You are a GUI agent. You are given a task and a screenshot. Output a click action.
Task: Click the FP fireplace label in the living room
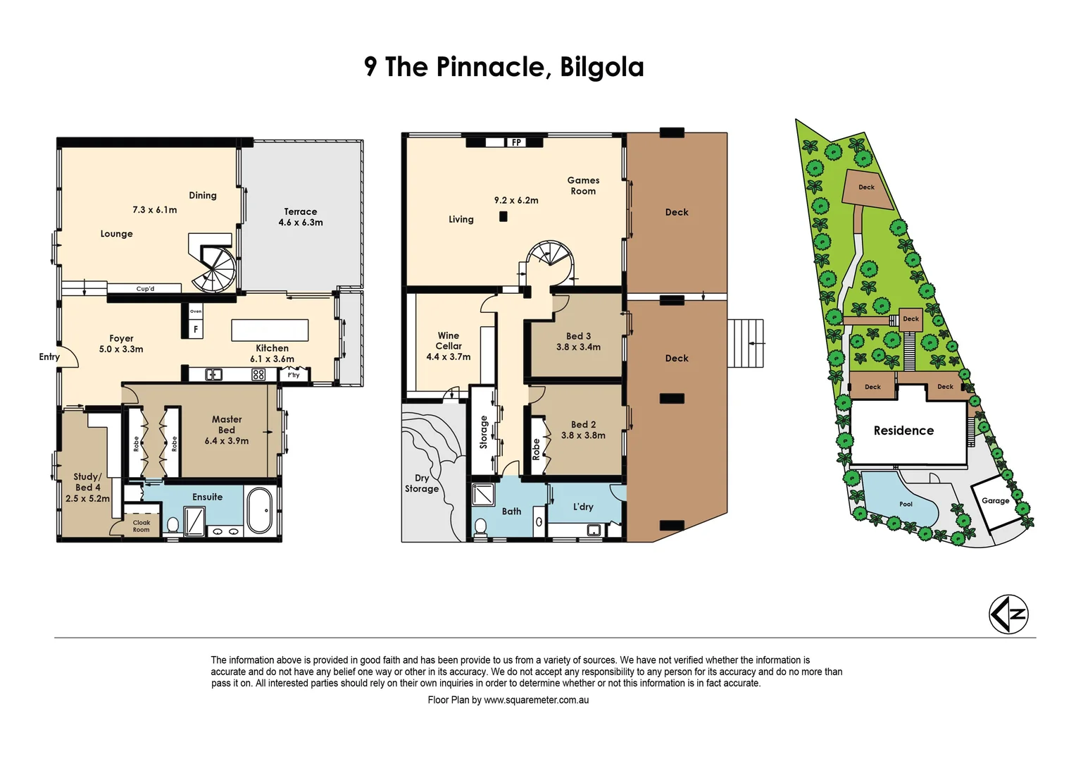click(x=516, y=142)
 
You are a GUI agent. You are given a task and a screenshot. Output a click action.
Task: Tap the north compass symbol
click(x=1008, y=614)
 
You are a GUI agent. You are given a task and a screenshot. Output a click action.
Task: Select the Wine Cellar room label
click(x=449, y=341)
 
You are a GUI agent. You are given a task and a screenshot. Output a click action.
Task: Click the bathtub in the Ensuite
click(x=259, y=510)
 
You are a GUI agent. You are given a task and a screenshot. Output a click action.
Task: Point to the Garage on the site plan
click(x=995, y=501)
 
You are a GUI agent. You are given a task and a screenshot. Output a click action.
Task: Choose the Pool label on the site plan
click(x=906, y=505)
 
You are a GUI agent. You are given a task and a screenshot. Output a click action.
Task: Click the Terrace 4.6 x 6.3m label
click(x=301, y=217)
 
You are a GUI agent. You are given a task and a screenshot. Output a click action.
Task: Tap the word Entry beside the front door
click(x=49, y=357)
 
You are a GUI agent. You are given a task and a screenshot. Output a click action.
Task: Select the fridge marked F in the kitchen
click(x=196, y=329)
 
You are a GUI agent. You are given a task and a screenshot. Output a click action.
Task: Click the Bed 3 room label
click(x=578, y=337)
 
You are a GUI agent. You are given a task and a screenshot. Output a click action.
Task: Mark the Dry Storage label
click(x=422, y=483)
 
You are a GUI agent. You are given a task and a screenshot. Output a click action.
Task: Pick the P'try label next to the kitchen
click(x=294, y=375)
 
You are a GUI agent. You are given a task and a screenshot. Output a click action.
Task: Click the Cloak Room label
click(x=142, y=526)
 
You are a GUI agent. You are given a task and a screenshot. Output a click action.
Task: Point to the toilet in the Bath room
click(x=481, y=526)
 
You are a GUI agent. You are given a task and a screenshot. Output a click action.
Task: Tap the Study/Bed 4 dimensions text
click(x=88, y=498)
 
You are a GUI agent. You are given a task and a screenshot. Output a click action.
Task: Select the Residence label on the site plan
click(x=903, y=431)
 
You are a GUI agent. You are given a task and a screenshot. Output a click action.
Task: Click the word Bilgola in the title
click(x=601, y=67)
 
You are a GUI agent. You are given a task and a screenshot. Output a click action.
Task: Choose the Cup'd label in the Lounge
click(x=145, y=289)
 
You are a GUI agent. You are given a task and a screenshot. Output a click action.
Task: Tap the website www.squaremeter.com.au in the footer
click(x=536, y=700)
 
